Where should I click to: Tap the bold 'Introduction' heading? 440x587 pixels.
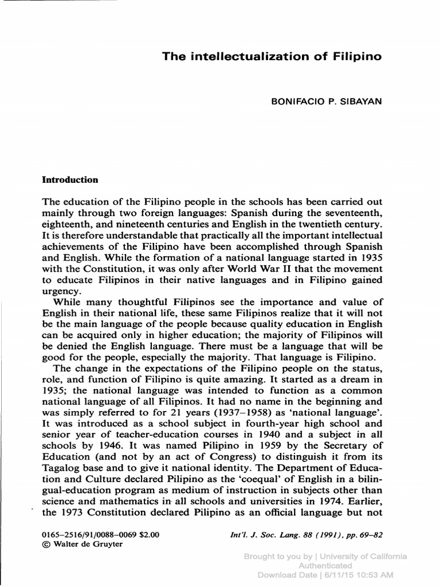(x=70, y=179)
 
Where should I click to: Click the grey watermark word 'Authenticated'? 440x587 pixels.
(x=325, y=565)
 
